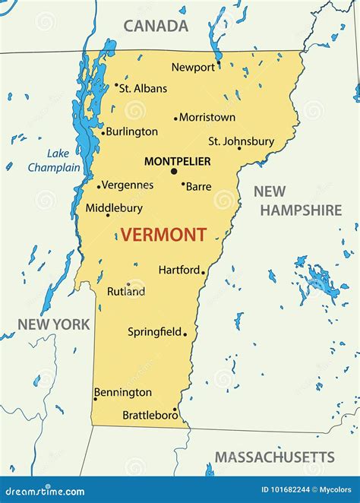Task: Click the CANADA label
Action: click(x=156, y=26)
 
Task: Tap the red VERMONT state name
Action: click(x=163, y=235)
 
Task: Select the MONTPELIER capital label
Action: click(x=177, y=161)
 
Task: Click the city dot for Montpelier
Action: click(x=174, y=171)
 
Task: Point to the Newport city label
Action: click(x=193, y=67)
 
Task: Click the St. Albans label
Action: click(x=144, y=88)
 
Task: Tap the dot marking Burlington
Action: click(x=103, y=132)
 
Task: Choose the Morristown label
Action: click(x=207, y=117)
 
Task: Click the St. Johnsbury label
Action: click(x=241, y=141)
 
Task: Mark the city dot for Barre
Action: click(x=183, y=183)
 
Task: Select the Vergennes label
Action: click(x=128, y=185)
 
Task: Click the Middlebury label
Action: click(x=114, y=207)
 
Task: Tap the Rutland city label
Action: click(x=126, y=291)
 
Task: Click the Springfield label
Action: click(x=154, y=331)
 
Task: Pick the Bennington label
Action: click(x=123, y=392)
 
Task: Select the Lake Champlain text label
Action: click(x=54, y=160)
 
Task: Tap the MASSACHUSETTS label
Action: click(x=274, y=457)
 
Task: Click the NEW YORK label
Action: click(x=54, y=324)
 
